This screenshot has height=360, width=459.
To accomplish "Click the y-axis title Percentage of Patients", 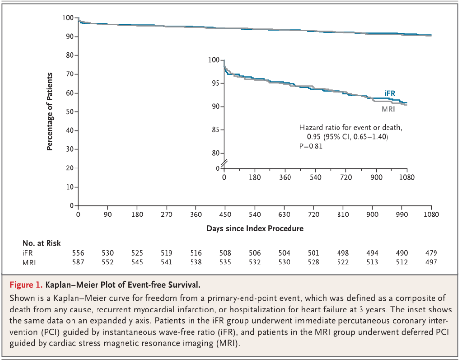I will click(50, 112).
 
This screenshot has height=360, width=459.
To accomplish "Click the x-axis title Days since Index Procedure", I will click(255, 228).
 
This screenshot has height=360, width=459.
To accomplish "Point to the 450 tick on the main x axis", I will click(225, 214).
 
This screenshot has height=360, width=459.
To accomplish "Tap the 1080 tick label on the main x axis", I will click(431, 214).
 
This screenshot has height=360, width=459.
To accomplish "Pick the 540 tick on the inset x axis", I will click(315, 177).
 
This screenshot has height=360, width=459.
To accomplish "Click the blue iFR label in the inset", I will click(390, 93).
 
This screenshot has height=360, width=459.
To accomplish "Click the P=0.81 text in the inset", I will click(311, 146).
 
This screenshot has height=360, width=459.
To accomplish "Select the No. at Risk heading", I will click(42, 243).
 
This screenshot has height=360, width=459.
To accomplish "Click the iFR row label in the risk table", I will click(28, 253).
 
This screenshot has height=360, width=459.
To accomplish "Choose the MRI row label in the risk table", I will click(29, 262).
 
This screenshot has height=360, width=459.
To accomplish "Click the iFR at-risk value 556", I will click(78, 253).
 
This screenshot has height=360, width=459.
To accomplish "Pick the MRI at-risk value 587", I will click(78, 262).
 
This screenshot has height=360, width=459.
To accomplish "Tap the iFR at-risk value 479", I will click(431, 253).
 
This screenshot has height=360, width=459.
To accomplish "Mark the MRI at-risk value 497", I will click(431, 262).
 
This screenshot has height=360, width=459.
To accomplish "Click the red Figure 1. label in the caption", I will click(25, 284).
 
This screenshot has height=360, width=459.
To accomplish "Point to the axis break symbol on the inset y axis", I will click(224, 163).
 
